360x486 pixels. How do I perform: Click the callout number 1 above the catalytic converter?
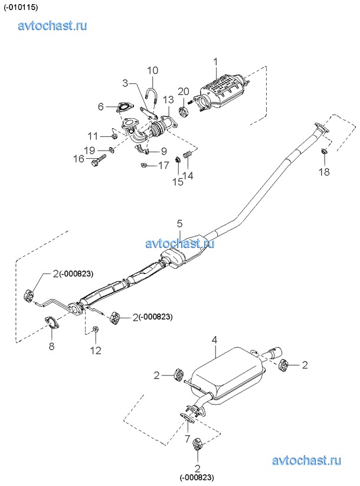[x=215, y=62]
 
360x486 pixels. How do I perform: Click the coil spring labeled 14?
[x=188, y=153]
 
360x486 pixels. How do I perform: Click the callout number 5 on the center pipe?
[x=179, y=223]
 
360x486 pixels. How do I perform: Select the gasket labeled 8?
[x=53, y=322]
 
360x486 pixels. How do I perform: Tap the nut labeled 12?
[x=96, y=329]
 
